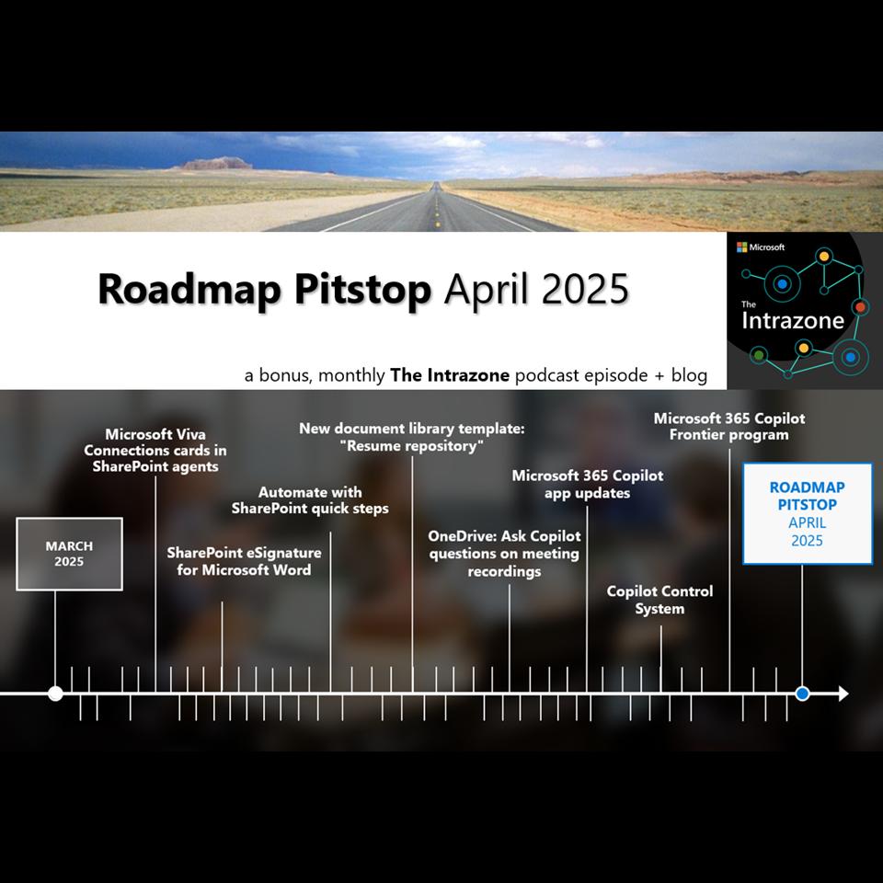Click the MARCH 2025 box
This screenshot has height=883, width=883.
pyautogui.click(x=69, y=554)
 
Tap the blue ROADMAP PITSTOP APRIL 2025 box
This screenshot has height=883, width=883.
pyautogui.click(x=808, y=513)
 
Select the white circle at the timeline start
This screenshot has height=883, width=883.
pyautogui.click(x=55, y=694)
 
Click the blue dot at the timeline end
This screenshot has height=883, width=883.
pyautogui.click(x=802, y=694)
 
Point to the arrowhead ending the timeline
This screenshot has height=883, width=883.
pyautogui.click(x=843, y=694)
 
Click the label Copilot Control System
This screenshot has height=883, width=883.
pyautogui.click(x=660, y=600)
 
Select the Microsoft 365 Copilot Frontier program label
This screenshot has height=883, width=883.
pyautogui.click(x=729, y=426)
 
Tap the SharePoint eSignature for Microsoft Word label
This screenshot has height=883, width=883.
pyautogui.click(x=244, y=561)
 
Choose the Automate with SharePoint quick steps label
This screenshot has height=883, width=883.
pyautogui.click(x=310, y=500)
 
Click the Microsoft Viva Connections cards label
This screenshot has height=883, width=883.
pyautogui.click(x=155, y=450)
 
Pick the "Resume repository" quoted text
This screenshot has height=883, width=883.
pyautogui.click(x=412, y=446)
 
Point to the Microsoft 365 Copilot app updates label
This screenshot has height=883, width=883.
pyautogui.click(x=588, y=484)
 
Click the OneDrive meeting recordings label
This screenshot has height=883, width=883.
pyautogui.click(x=504, y=554)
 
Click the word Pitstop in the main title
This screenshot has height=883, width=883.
pyautogui.click(x=362, y=290)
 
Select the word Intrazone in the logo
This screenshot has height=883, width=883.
pyautogui.click(x=793, y=320)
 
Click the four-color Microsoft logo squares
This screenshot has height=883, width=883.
pyautogui.click(x=741, y=247)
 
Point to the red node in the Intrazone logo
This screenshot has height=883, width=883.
pyautogui.click(x=860, y=307)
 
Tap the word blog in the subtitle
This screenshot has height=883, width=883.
pyautogui.click(x=689, y=375)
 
